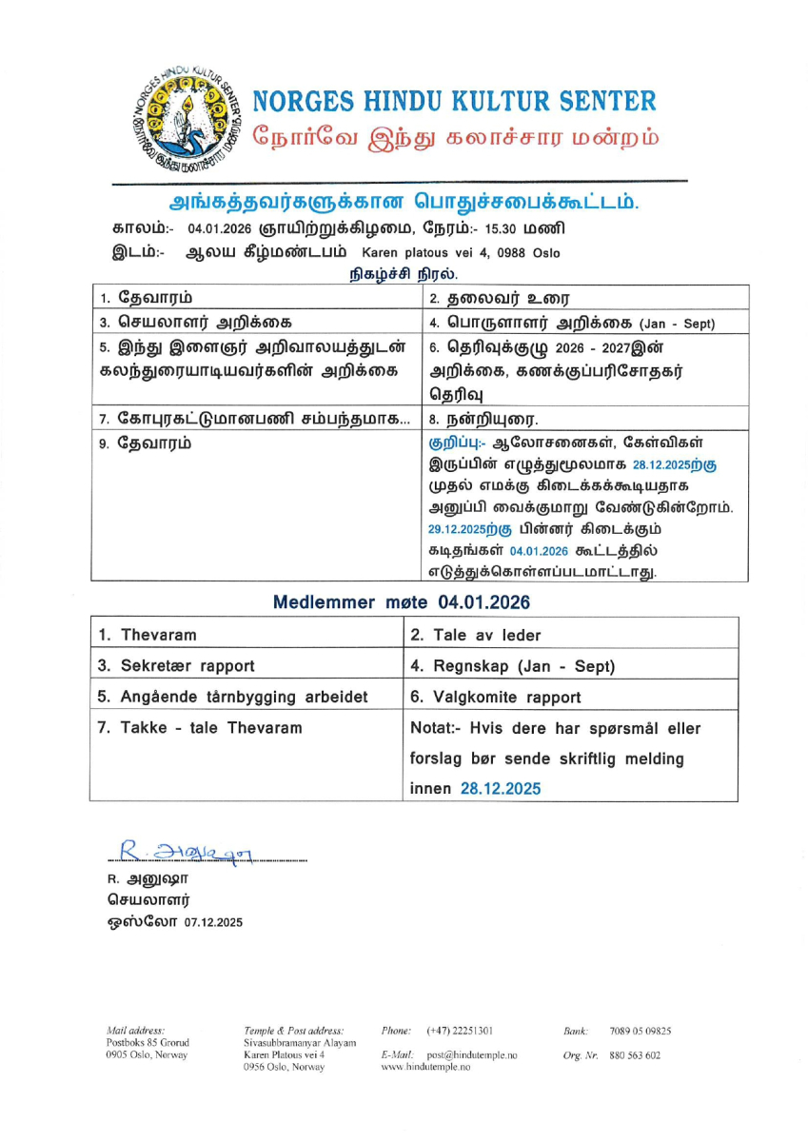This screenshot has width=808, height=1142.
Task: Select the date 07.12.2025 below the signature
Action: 213,922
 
